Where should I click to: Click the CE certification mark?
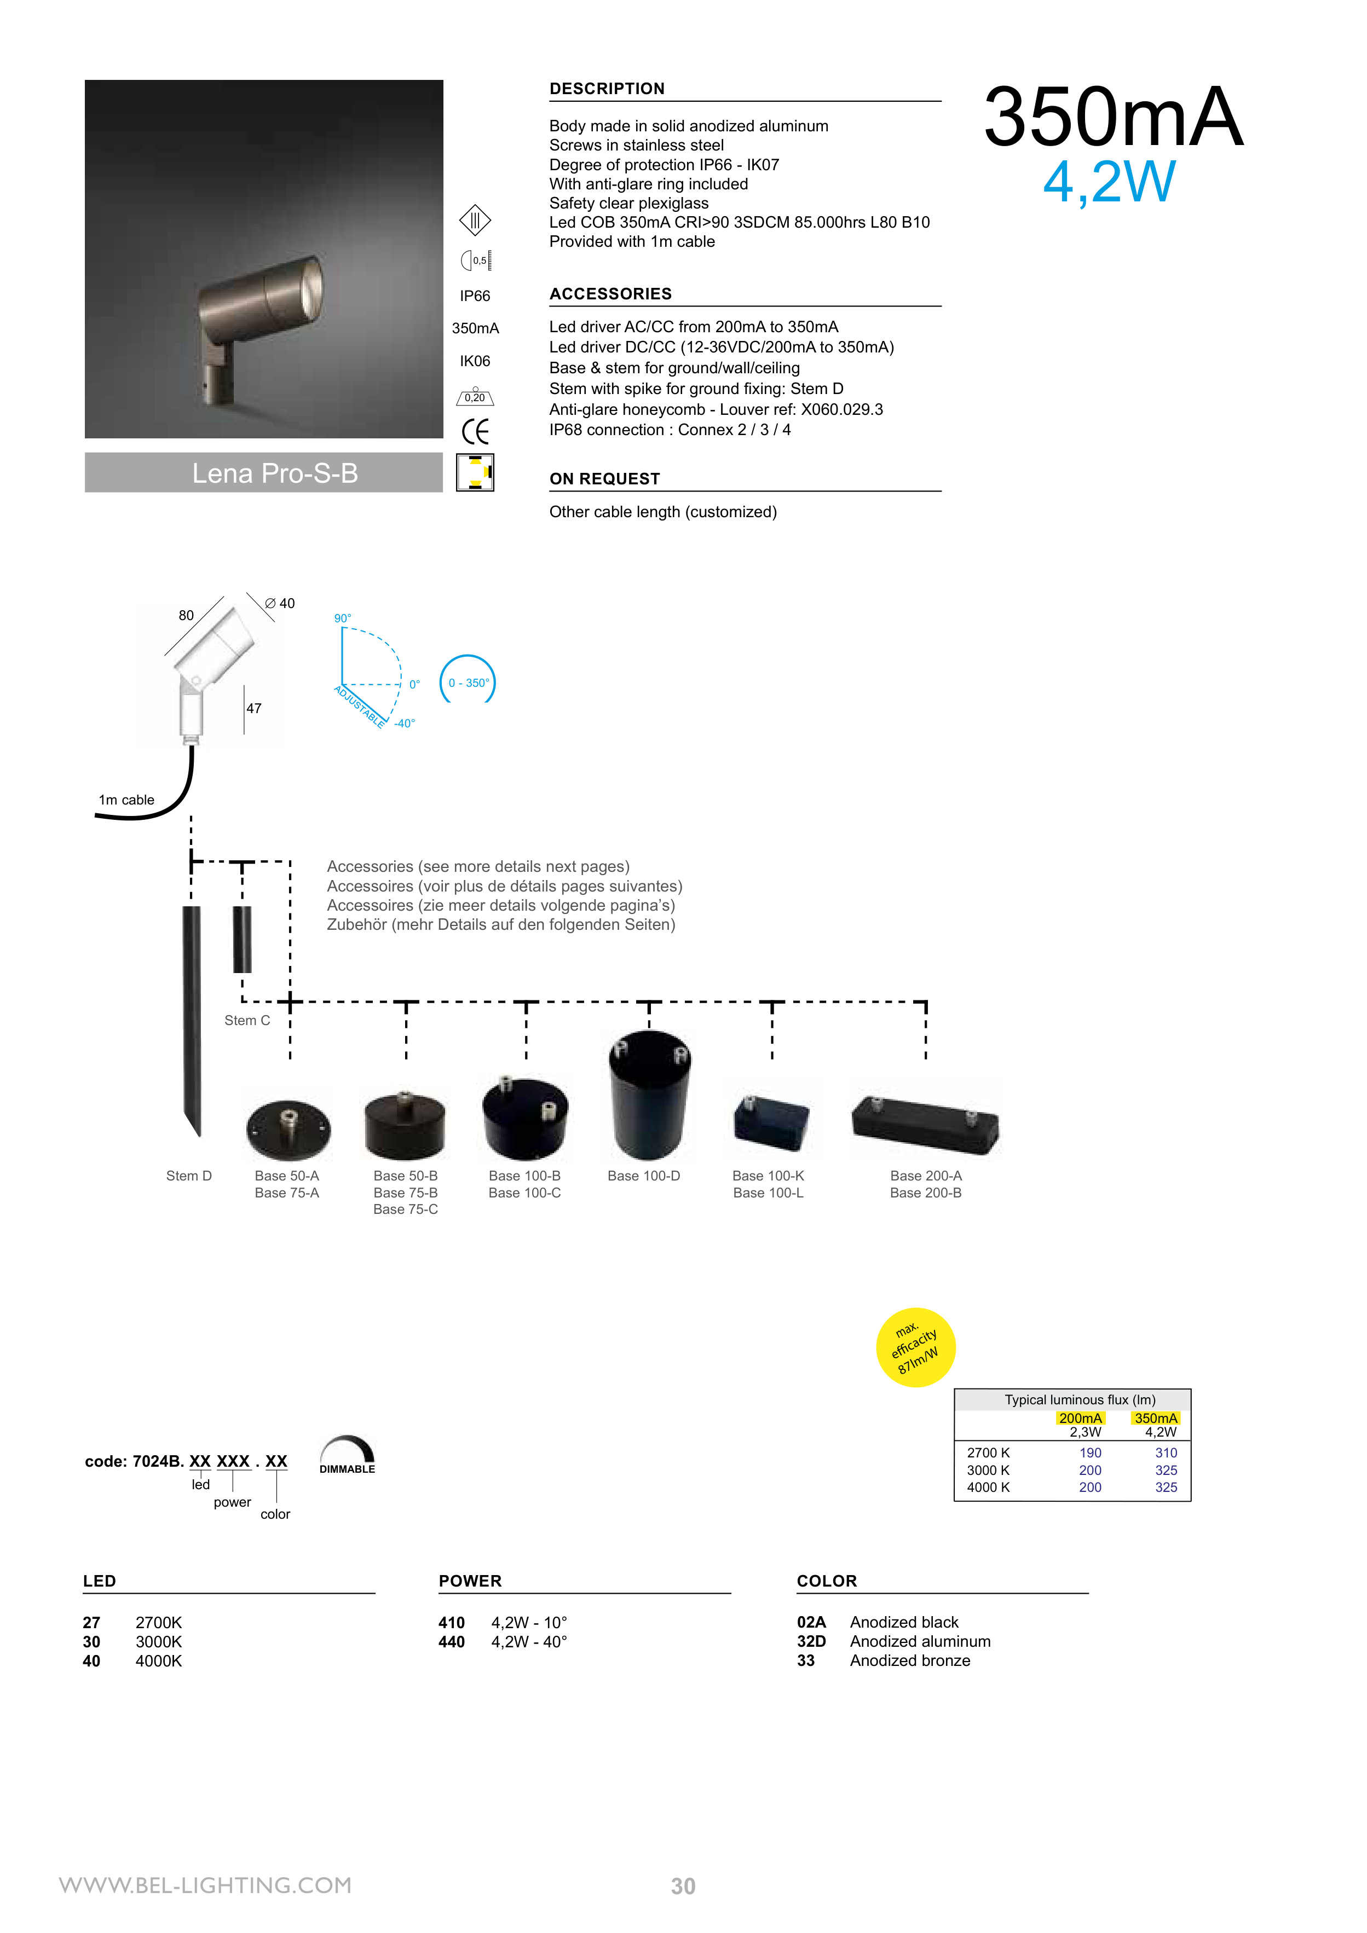pyautogui.click(x=475, y=432)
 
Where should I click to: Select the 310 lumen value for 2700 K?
pyautogui.click(x=1166, y=1452)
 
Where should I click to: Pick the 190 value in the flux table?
pyautogui.click(x=1090, y=1452)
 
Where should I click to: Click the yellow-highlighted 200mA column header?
pyautogui.click(x=1080, y=1418)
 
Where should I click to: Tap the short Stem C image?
pyautogui.click(x=242, y=939)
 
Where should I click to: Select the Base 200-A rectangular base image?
pyautogui.click(x=925, y=1123)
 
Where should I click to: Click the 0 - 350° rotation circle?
pyautogui.click(x=468, y=682)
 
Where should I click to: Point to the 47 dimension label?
pyautogui.click(x=253, y=708)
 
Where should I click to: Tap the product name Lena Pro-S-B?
pyautogui.click(x=275, y=473)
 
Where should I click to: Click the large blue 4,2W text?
pyautogui.click(x=1109, y=182)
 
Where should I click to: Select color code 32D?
pyautogui.click(x=811, y=1641)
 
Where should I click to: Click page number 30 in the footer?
pyautogui.click(x=683, y=1886)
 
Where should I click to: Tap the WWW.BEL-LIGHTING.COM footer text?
pyautogui.click(x=205, y=1885)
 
